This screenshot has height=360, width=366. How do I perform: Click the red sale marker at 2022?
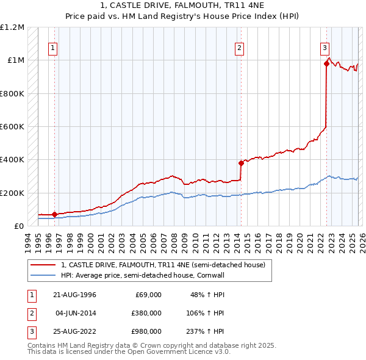(x=326, y=63)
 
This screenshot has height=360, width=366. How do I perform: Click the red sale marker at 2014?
(x=241, y=163)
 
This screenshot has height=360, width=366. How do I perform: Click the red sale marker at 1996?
(x=54, y=215)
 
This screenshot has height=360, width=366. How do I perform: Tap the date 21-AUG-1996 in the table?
(x=75, y=295)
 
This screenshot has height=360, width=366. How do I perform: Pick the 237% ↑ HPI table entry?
(x=205, y=331)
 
